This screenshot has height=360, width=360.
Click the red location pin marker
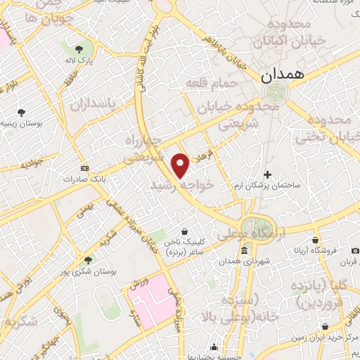[x=181, y=165]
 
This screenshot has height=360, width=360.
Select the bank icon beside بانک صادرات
[x=85, y=169]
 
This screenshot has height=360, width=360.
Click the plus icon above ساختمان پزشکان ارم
[x=267, y=174]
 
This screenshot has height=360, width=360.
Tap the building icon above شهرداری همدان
[x=244, y=252]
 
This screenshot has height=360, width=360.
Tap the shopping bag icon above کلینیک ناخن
[x=184, y=231]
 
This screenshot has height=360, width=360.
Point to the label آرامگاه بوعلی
[x=246, y=232]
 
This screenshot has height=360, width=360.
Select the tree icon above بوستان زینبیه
[x=22, y=111]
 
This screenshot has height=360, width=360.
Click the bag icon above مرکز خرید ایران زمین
[x=324, y=326]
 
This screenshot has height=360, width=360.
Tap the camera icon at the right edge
[x=355, y=251]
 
